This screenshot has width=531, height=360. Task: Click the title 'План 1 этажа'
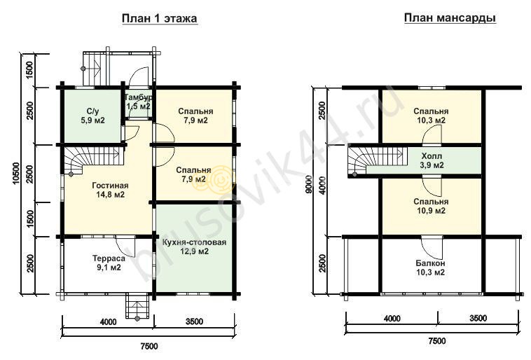tap(159, 19)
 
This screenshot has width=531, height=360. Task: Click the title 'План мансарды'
tap(450, 18)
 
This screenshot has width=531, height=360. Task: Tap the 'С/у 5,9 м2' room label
tap(92, 116)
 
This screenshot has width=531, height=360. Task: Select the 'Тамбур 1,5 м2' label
tap(139, 102)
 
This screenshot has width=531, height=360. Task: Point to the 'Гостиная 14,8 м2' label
tap(110, 190)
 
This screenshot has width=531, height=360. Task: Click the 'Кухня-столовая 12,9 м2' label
tap(194, 247)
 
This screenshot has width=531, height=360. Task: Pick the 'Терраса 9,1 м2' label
tap(109, 263)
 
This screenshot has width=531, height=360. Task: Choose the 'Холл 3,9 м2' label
tap(432, 160)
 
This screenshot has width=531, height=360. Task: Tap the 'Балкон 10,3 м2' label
tap(430, 268)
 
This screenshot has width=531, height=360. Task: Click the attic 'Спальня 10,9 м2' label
tap(431, 206)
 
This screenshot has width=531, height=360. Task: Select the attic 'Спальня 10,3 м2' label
tap(431, 116)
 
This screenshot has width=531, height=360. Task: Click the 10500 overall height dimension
tap(16, 174)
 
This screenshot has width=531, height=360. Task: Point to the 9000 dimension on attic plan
tap(308, 185)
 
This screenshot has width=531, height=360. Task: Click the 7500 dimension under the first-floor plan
tap(149, 346)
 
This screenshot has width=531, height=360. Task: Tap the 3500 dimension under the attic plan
tap(478, 318)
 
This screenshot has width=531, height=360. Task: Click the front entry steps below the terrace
tap(137, 307)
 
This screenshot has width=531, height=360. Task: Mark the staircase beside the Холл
tap(377, 160)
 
